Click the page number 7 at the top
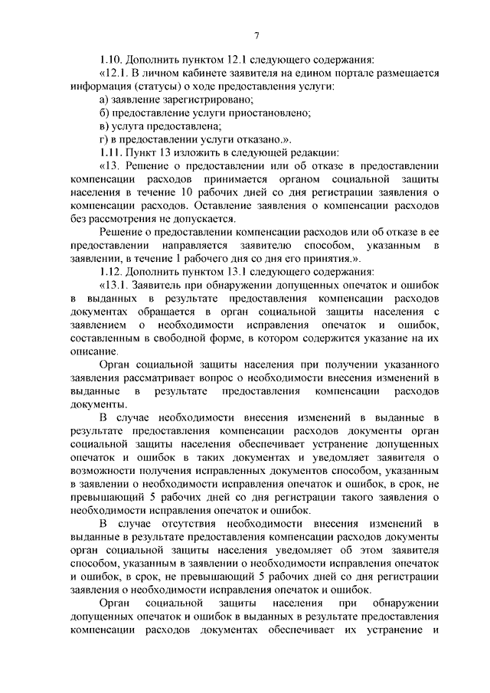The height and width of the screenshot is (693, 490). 256,35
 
